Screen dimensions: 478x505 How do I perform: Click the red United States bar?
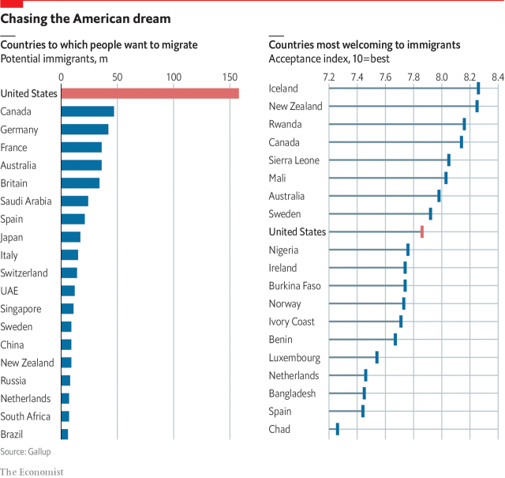tap(150, 93)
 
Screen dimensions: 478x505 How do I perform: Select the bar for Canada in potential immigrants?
tap(88, 111)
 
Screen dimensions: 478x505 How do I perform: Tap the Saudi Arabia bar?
tap(75, 201)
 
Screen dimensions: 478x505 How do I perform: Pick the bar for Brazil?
tap(65, 435)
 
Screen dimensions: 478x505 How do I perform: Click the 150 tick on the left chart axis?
tap(230, 77)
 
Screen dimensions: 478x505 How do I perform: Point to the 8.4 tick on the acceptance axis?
tap(497, 77)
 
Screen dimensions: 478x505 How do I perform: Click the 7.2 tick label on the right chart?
tap(329, 77)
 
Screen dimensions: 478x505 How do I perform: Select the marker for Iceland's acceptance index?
tap(478, 88)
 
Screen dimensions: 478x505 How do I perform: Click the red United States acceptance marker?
tap(422, 231)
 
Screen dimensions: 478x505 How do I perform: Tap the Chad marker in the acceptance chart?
tap(337, 429)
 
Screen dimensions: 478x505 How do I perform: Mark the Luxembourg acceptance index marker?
tap(376, 357)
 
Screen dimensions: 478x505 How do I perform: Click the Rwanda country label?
tap(285, 124)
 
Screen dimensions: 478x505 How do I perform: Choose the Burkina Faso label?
tap(295, 285)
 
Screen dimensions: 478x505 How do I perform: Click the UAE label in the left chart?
tap(10, 291)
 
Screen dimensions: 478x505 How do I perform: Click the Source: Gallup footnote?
tap(24, 451)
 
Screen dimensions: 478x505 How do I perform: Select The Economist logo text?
tap(32, 471)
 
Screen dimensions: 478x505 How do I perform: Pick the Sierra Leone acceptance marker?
tap(449, 160)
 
